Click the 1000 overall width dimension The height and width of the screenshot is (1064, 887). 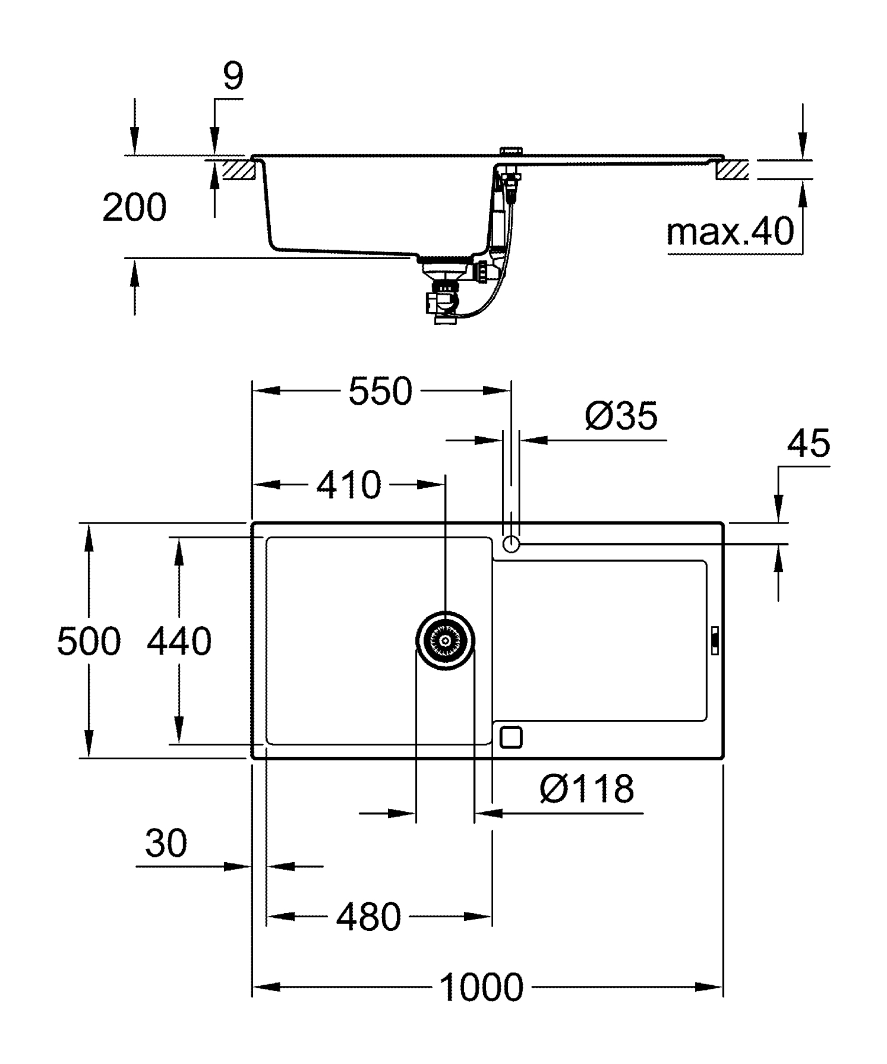[x=481, y=986]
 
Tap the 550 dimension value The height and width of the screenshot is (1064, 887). [x=380, y=391]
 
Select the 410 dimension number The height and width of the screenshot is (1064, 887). [x=349, y=485]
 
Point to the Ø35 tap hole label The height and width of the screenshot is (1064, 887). [x=621, y=415]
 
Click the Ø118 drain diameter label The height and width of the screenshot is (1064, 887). [x=587, y=788]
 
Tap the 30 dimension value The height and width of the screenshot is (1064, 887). [x=166, y=843]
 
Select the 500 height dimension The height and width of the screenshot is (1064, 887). [x=89, y=641]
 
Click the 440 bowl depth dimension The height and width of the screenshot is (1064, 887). [x=179, y=641]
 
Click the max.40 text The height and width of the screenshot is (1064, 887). [x=730, y=231]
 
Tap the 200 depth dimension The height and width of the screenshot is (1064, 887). [x=134, y=207]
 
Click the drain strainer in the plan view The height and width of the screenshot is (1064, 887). [x=445, y=640]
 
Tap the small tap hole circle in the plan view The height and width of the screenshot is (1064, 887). [x=511, y=544]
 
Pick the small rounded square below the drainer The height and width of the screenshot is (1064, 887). [x=511, y=737]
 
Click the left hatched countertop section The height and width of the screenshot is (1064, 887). [x=239, y=170]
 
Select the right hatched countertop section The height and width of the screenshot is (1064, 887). [x=732, y=170]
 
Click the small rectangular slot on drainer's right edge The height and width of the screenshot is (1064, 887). [x=714, y=640]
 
